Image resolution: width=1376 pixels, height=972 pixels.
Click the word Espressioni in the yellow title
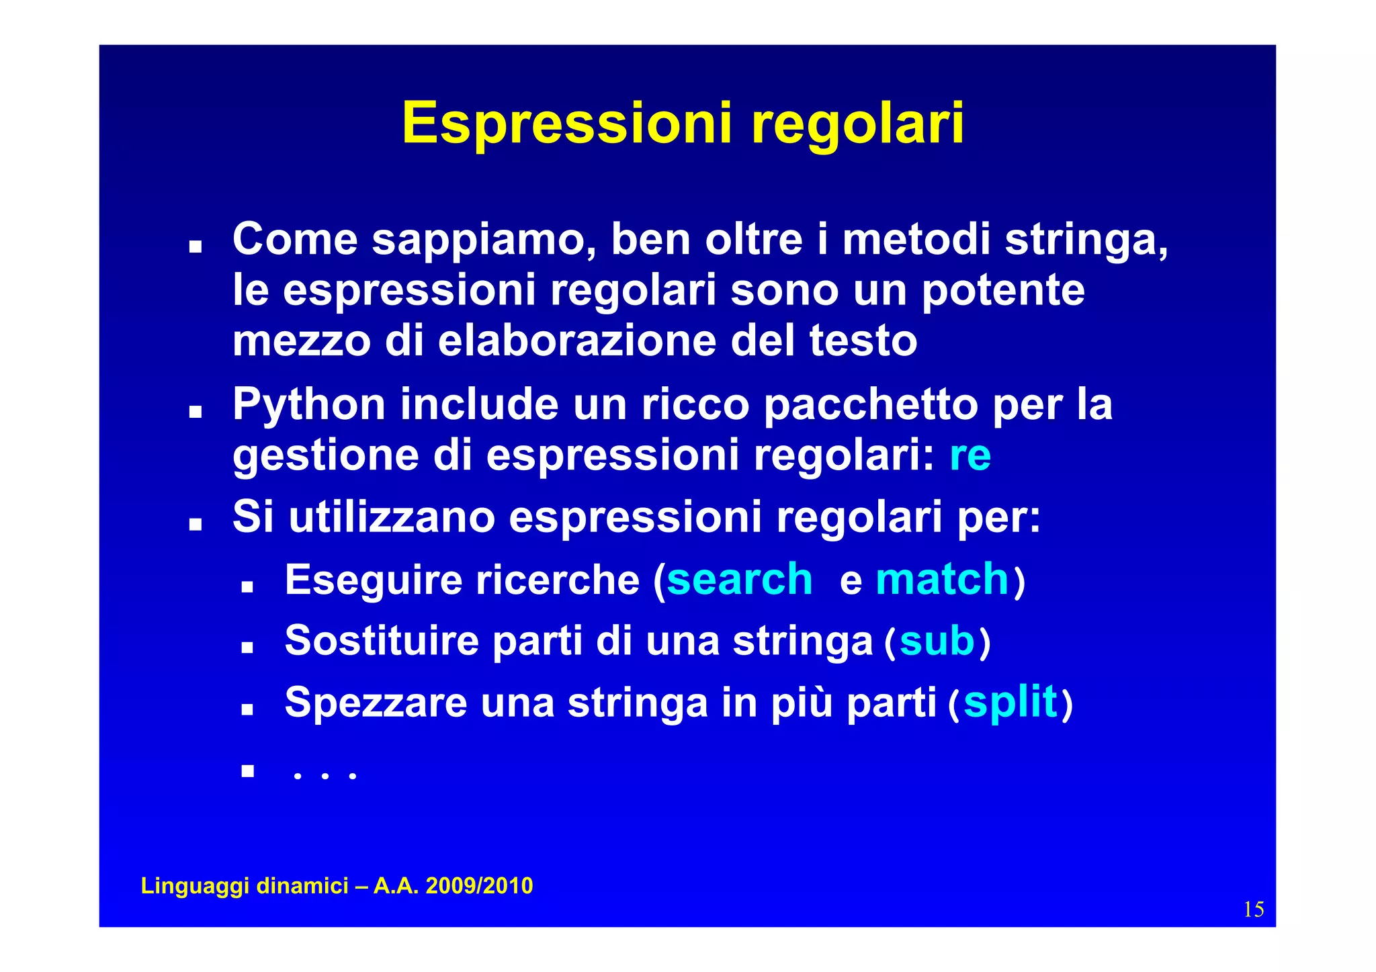566,124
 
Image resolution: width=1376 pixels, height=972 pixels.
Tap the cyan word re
970,456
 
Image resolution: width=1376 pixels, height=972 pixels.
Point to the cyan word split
1010,703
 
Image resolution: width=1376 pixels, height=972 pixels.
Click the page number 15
1253,910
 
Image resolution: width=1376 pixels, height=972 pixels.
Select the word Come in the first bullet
295,239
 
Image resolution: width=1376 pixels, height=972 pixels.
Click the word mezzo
301,341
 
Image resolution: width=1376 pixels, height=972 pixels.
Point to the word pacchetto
870,406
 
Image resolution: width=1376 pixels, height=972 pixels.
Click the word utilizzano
392,518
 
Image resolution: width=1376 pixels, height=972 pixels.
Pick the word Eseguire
373,580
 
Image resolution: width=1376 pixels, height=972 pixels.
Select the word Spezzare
376,703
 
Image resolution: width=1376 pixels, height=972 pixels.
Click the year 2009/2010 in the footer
479,886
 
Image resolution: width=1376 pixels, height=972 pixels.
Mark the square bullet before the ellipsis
248,770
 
